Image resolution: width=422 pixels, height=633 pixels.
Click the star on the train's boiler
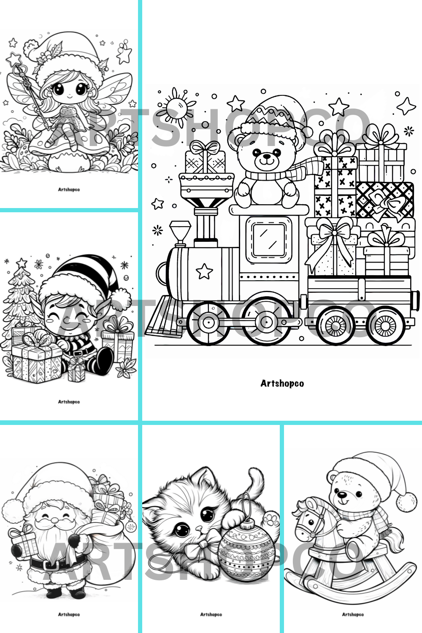pos(204,271)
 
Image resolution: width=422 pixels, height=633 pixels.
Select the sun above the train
pos(176,108)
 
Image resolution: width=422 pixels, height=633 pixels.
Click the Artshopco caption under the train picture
pos(282,384)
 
